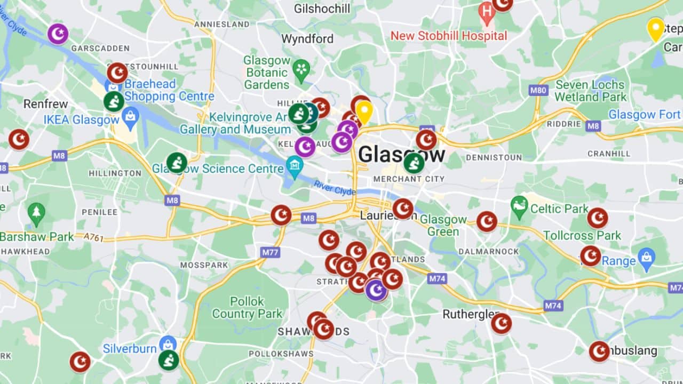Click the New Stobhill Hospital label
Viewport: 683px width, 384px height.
(x=449, y=36)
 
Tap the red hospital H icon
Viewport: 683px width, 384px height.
(x=486, y=11)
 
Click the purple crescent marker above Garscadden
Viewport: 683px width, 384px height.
(x=58, y=34)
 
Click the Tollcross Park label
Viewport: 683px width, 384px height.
(x=582, y=235)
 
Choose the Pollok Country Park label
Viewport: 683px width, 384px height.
(x=247, y=307)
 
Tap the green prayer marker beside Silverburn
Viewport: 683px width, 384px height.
(x=169, y=360)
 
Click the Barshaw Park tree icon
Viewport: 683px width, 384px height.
(x=36, y=212)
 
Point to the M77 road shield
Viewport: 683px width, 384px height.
(x=271, y=252)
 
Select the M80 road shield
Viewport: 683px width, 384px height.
(x=539, y=90)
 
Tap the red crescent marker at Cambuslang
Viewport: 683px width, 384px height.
(x=599, y=351)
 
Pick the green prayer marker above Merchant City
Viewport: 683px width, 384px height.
(x=414, y=163)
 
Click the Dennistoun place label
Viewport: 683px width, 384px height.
(x=494, y=158)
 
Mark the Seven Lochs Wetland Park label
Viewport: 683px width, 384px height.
(x=590, y=91)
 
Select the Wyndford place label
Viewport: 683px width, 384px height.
(x=307, y=39)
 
